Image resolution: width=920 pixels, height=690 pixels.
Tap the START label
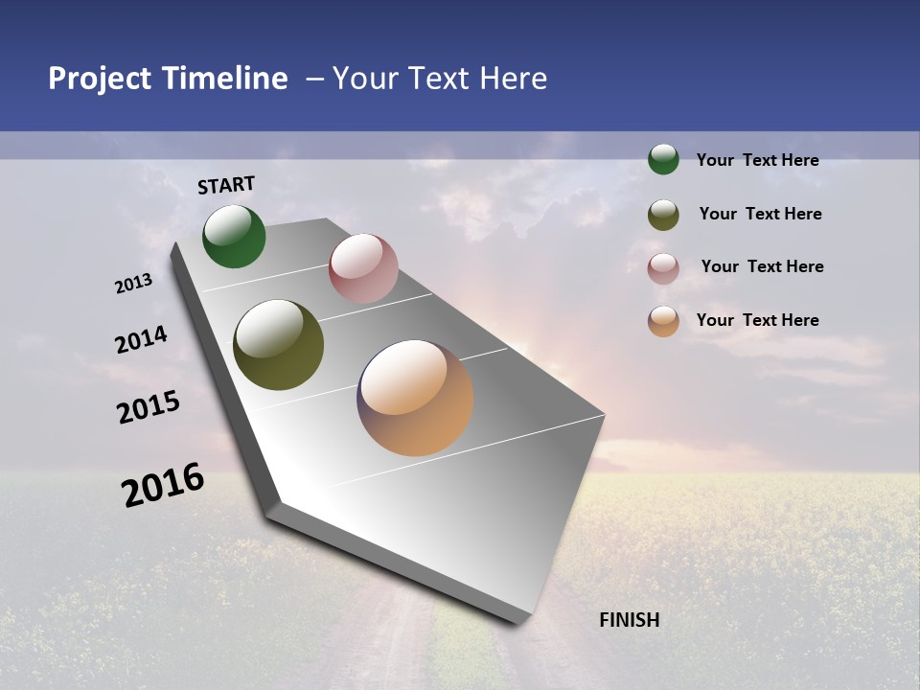[226, 185]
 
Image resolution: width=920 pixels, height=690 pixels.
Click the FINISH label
[629, 620]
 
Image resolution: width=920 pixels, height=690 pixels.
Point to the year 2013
[134, 284]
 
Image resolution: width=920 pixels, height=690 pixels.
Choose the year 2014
[141, 340]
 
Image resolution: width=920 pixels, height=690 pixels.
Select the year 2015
[149, 407]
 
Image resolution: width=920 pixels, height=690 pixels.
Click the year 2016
[163, 484]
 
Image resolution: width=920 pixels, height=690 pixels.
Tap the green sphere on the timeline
[234, 237]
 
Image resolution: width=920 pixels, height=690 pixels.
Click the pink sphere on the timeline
[363, 268]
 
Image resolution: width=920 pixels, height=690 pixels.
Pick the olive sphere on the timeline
[278, 345]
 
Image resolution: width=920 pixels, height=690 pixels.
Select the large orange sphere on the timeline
[415, 398]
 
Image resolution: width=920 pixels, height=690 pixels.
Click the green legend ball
[663, 159]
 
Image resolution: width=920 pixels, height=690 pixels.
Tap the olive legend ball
[663, 215]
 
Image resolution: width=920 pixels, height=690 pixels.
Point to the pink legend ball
[663, 268]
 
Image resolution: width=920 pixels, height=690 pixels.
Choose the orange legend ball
[663, 321]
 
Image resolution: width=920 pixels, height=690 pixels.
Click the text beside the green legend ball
[757, 160]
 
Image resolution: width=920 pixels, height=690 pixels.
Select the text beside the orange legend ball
[757, 320]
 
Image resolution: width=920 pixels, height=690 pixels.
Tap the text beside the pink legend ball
[762, 266]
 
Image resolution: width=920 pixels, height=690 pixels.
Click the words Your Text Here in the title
[440, 79]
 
